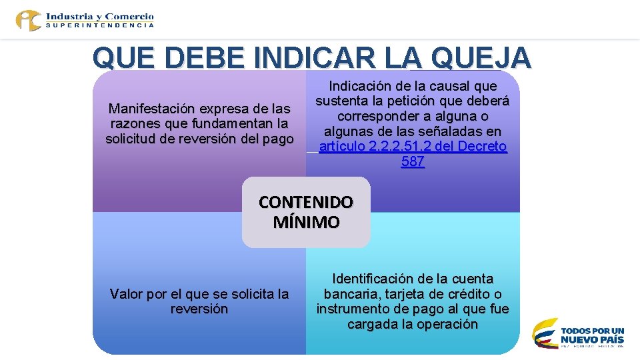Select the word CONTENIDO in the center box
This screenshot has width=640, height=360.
pyautogui.click(x=306, y=202)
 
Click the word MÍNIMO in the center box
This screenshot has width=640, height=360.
pyautogui.click(x=306, y=222)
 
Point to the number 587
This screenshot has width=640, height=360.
pyautogui.click(x=413, y=161)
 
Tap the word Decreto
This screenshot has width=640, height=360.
pyautogui.click(x=482, y=147)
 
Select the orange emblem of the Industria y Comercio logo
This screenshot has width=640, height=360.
pyautogui.click(x=29, y=20)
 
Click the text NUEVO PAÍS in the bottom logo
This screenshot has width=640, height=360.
pyautogui.click(x=593, y=339)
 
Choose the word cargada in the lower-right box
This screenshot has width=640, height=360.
pyautogui.click(x=371, y=325)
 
